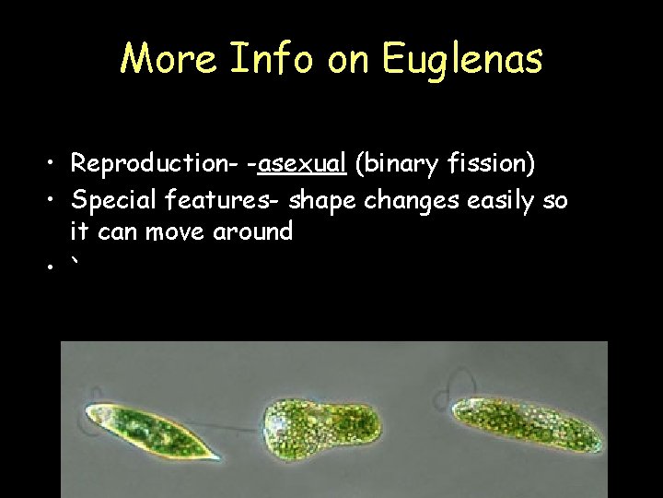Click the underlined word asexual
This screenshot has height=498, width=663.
(302, 164)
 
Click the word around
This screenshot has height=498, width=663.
(252, 231)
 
